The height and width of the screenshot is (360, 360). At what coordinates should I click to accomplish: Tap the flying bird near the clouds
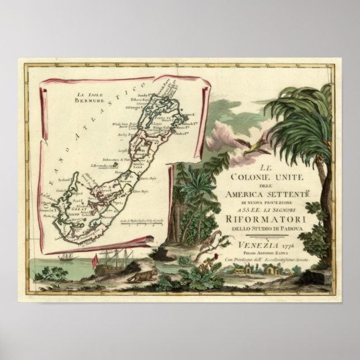pos(254,147)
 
